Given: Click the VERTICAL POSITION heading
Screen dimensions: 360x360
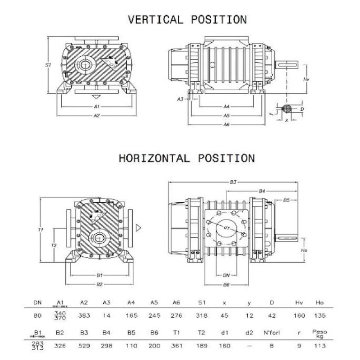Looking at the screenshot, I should click(x=187, y=19).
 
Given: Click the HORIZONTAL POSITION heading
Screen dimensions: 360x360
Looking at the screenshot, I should click(x=186, y=158).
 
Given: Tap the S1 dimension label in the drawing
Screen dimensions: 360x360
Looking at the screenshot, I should click(x=48, y=65).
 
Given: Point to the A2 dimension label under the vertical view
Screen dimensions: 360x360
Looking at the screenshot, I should click(x=96, y=115).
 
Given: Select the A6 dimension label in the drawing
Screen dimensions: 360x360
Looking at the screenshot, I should click(x=226, y=125).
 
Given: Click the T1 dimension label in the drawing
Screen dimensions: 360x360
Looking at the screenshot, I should click(x=41, y=230).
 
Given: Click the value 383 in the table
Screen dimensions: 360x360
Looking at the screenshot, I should click(x=84, y=315).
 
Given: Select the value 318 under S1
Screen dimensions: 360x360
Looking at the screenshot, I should click(x=201, y=315).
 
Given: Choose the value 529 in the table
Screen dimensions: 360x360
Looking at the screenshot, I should click(x=84, y=346).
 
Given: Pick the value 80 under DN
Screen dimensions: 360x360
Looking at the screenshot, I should click(x=38, y=315).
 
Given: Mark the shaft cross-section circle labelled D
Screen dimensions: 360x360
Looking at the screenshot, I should click(x=286, y=109).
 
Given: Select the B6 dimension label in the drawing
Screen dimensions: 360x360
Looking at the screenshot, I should click(x=226, y=284).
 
